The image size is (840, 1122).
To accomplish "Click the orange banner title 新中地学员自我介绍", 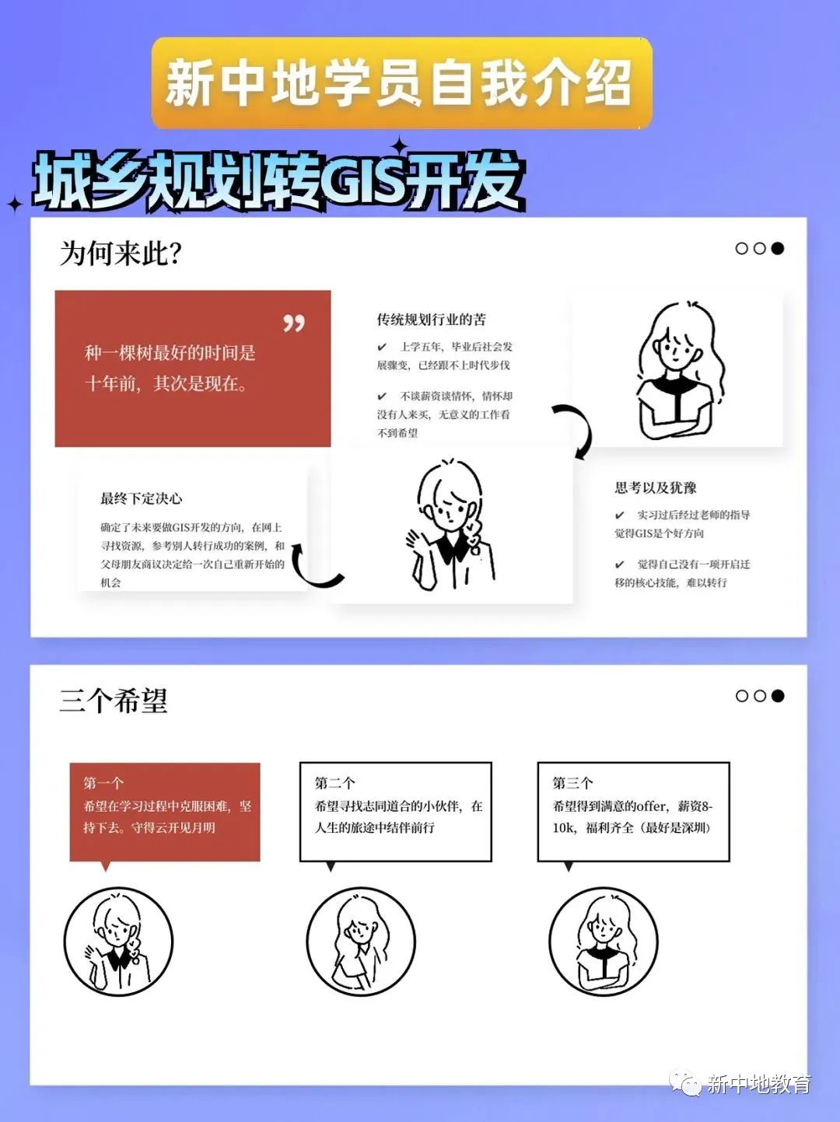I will tap(401, 83).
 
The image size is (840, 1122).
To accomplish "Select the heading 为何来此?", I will tap(121, 253).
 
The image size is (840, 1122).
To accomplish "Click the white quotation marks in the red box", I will tap(293, 323).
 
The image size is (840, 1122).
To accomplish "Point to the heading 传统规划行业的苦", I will tap(431, 320).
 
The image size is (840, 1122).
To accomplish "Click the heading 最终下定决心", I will tap(141, 498).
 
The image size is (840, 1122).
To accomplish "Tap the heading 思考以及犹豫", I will tap(655, 488).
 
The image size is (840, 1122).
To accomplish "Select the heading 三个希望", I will tap(114, 701).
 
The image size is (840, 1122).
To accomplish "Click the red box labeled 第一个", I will tap(165, 812).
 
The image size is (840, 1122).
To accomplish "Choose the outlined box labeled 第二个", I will tap(395, 812).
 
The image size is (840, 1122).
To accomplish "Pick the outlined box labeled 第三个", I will tap(633, 812).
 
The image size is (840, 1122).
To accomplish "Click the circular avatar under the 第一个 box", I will tap(118, 942).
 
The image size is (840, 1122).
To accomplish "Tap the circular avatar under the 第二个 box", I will tap(361, 942).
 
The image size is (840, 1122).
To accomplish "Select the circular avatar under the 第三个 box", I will tap(604, 942).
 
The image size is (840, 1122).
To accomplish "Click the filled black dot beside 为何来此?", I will tap(777, 248).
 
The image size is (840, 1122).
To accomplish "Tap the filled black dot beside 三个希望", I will tap(777, 695).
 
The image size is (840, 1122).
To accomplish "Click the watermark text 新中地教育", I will tap(758, 1084).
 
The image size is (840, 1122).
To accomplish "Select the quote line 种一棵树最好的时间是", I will tap(170, 353).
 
